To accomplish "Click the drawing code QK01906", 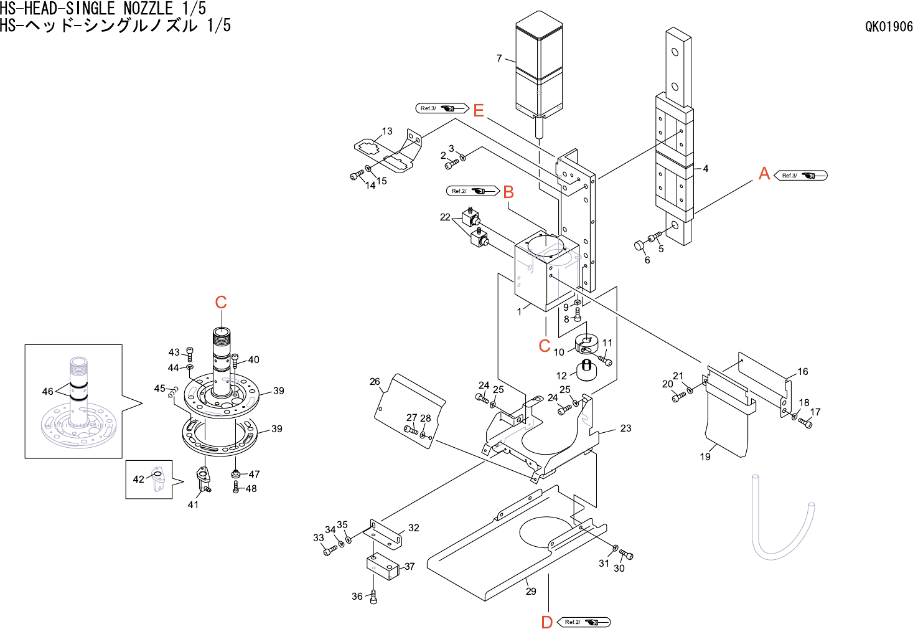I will click(x=889, y=27).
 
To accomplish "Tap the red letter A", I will click(x=764, y=174).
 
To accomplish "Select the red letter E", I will click(x=478, y=111).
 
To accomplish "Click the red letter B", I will click(x=508, y=192).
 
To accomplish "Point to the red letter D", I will click(x=546, y=622).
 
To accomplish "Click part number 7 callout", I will click(x=499, y=58).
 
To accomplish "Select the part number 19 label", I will click(x=705, y=456).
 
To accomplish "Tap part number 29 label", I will click(x=531, y=591).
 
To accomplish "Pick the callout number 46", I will click(x=47, y=391).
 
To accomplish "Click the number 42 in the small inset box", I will click(x=138, y=479).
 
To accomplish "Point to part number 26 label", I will click(x=375, y=381).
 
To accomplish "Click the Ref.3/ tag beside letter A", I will click(x=800, y=176).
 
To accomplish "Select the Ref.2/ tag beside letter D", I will click(x=584, y=622).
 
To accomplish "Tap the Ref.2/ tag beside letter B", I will click(x=472, y=191).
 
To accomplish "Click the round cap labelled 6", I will click(x=639, y=245).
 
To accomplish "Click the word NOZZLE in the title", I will click(x=148, y=9).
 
